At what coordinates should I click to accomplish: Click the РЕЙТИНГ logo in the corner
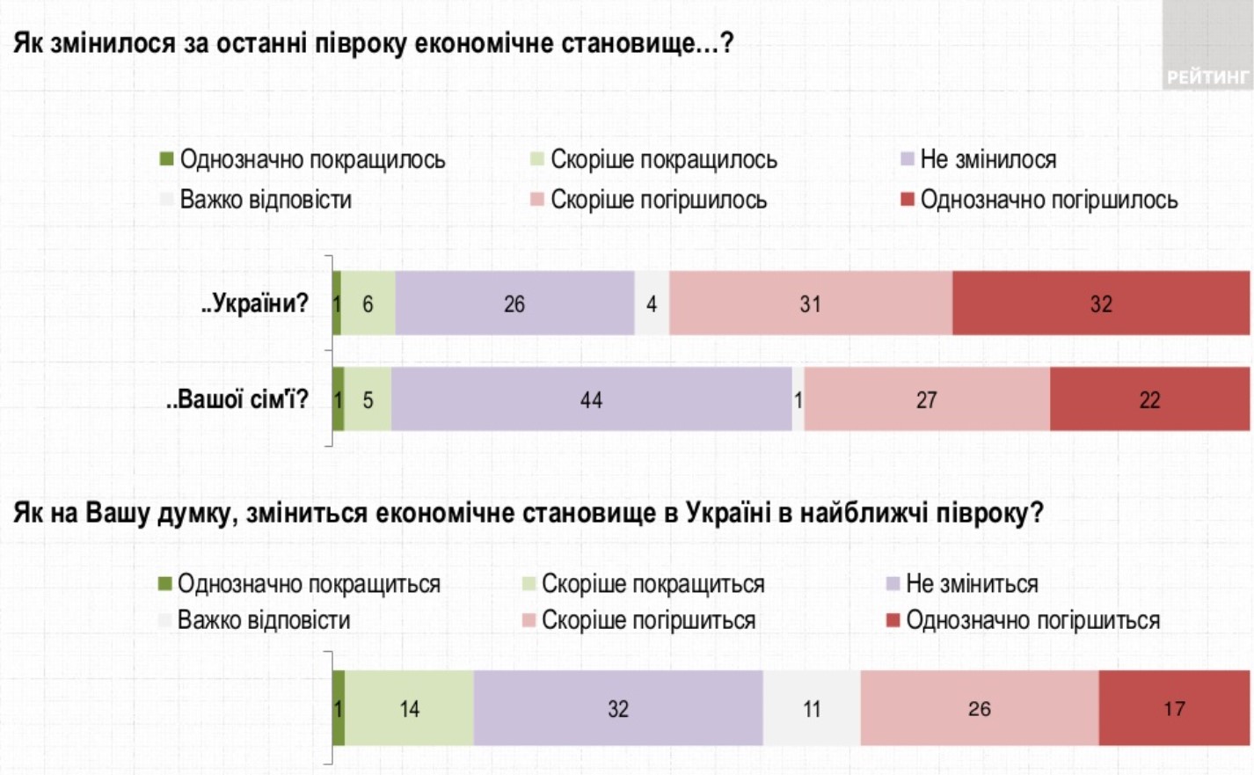point(1207,76)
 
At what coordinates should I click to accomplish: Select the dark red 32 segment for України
point(1100,303)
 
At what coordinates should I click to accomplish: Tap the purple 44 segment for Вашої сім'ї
point(591,399)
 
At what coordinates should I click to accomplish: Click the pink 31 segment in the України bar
point(810,303)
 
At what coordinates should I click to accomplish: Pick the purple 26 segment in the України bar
point(514,303)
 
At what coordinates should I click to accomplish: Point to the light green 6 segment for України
point(368,303)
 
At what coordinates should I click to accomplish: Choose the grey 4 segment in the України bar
point(652,303)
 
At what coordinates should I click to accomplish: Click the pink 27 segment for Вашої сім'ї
point(926,399)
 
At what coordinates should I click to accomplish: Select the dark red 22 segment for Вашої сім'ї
point(1149,399)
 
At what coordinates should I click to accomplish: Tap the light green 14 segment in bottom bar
point(409,708)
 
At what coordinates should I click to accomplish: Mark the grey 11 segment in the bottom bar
point(812,708)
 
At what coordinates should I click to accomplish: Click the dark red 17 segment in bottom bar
point(1174,708)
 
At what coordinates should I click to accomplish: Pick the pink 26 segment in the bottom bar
point(979,708)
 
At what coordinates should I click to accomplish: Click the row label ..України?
point(255,303)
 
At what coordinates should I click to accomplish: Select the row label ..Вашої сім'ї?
point(237,399)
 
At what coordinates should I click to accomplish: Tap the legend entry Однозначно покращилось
point(311,160)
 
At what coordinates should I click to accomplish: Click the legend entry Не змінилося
point(988,160)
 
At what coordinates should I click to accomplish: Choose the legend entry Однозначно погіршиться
point(1032,620)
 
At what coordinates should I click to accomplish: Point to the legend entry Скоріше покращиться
point(653,584)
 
